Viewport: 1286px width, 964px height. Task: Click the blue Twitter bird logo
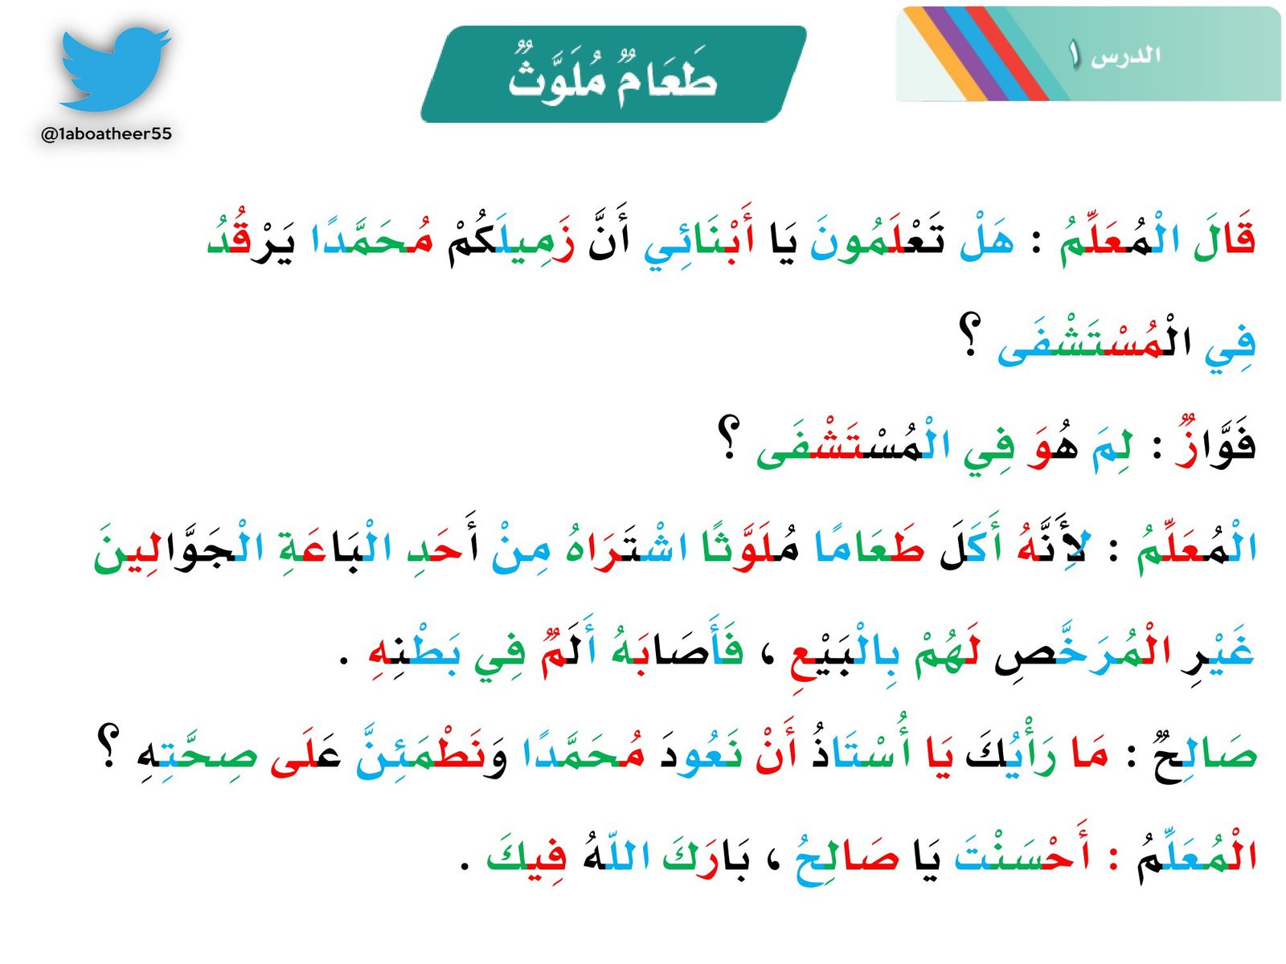tap(114, 69)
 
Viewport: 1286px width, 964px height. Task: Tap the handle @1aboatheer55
tap(106, 134)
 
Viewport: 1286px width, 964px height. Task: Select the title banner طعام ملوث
tap(612, 75)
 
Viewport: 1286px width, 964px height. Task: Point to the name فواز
tap(1214, 447)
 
